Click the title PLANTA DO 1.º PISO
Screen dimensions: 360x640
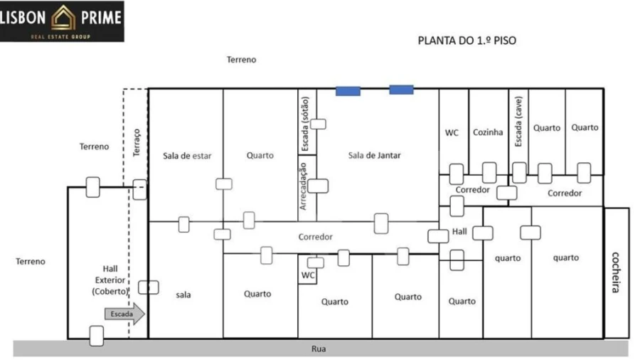466,41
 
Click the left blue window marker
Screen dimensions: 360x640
348,90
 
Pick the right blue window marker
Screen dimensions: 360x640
401,90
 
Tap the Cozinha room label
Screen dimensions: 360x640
488,132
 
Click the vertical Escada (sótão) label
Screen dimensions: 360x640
304,126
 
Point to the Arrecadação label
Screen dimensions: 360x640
304,186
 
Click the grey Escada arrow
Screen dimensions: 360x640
124,314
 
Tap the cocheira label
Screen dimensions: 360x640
617,272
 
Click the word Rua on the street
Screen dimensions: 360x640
319,349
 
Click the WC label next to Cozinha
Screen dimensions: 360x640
452,132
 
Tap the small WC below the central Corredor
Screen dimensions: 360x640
308,275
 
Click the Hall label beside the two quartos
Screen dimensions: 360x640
459,232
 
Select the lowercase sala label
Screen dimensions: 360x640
183,294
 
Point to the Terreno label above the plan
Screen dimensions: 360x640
241,60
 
